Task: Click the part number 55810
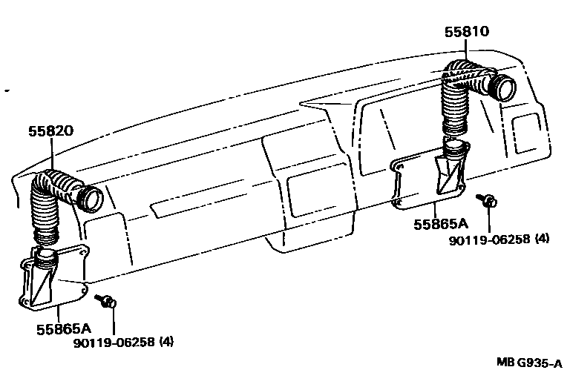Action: [x=468, y=33]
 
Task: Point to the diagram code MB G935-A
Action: [x=528, y=363]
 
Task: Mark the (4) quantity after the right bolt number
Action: [x=542, y=239]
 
